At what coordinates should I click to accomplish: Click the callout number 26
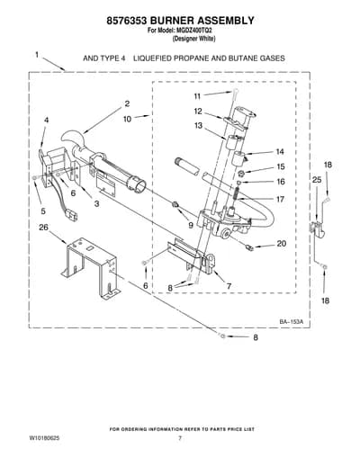point(43,228)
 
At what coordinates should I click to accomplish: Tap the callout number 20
point(282,244)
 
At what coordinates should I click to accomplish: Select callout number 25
point(317,180)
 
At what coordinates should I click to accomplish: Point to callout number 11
point(197,96)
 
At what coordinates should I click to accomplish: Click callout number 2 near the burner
point(127,103)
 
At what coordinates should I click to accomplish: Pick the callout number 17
point(280,199)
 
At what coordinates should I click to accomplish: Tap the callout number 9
point(191,225)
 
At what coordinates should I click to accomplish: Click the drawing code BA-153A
point(292,322)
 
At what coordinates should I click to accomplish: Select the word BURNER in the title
point(172,21)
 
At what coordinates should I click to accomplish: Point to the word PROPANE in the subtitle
point(191,58)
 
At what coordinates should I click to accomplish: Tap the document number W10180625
point(44,438)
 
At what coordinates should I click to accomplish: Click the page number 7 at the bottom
point(180,438)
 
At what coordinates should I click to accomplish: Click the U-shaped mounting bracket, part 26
point(91,268)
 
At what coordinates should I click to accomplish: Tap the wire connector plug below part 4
point(73,216)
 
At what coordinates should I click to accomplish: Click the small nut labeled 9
point(175,205)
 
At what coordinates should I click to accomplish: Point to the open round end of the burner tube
point(139,186)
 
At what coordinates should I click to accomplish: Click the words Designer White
point(193,39)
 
